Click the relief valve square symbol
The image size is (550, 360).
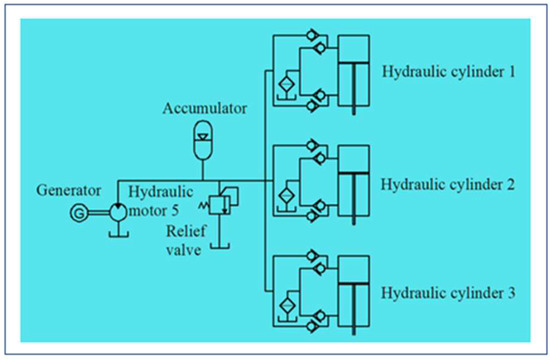[x=226, y=201]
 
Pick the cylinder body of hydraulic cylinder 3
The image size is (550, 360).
[x=355, y=291]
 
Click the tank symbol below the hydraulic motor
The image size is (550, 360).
[x=119, y=236]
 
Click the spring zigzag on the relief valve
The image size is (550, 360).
[x=209, y=203]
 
